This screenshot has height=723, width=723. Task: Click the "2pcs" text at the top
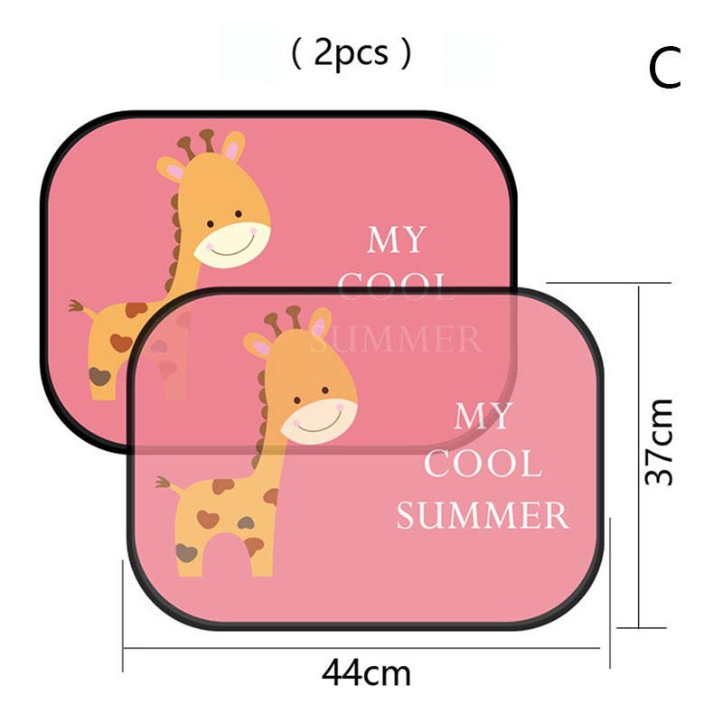click(x=351, y=54)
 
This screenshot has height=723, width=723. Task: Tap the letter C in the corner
click(x=664, y=70)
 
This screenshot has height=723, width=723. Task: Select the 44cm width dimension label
click(x=366, y=673)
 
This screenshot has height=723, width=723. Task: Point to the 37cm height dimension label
click(x=660, y=442)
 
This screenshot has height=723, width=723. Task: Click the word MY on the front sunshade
click(x=483, y=417)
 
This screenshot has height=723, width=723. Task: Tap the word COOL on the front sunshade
click(x=483, y=464)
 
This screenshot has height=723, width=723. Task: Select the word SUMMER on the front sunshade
click(x=483, y=515)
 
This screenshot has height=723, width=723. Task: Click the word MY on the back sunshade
click(x=396, y=239)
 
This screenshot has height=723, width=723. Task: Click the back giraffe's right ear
click(x=233, y=146)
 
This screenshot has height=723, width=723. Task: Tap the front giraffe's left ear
click(x=258, y=344)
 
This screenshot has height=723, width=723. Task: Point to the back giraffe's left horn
click(x=186, y=147)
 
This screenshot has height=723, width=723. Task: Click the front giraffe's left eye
click(x=297, y=400)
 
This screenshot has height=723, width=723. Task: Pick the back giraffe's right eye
click(x=239, y=214)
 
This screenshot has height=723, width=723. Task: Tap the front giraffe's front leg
click(x=262, y=553)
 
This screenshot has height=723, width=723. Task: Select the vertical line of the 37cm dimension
click(x=639, y=456)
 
